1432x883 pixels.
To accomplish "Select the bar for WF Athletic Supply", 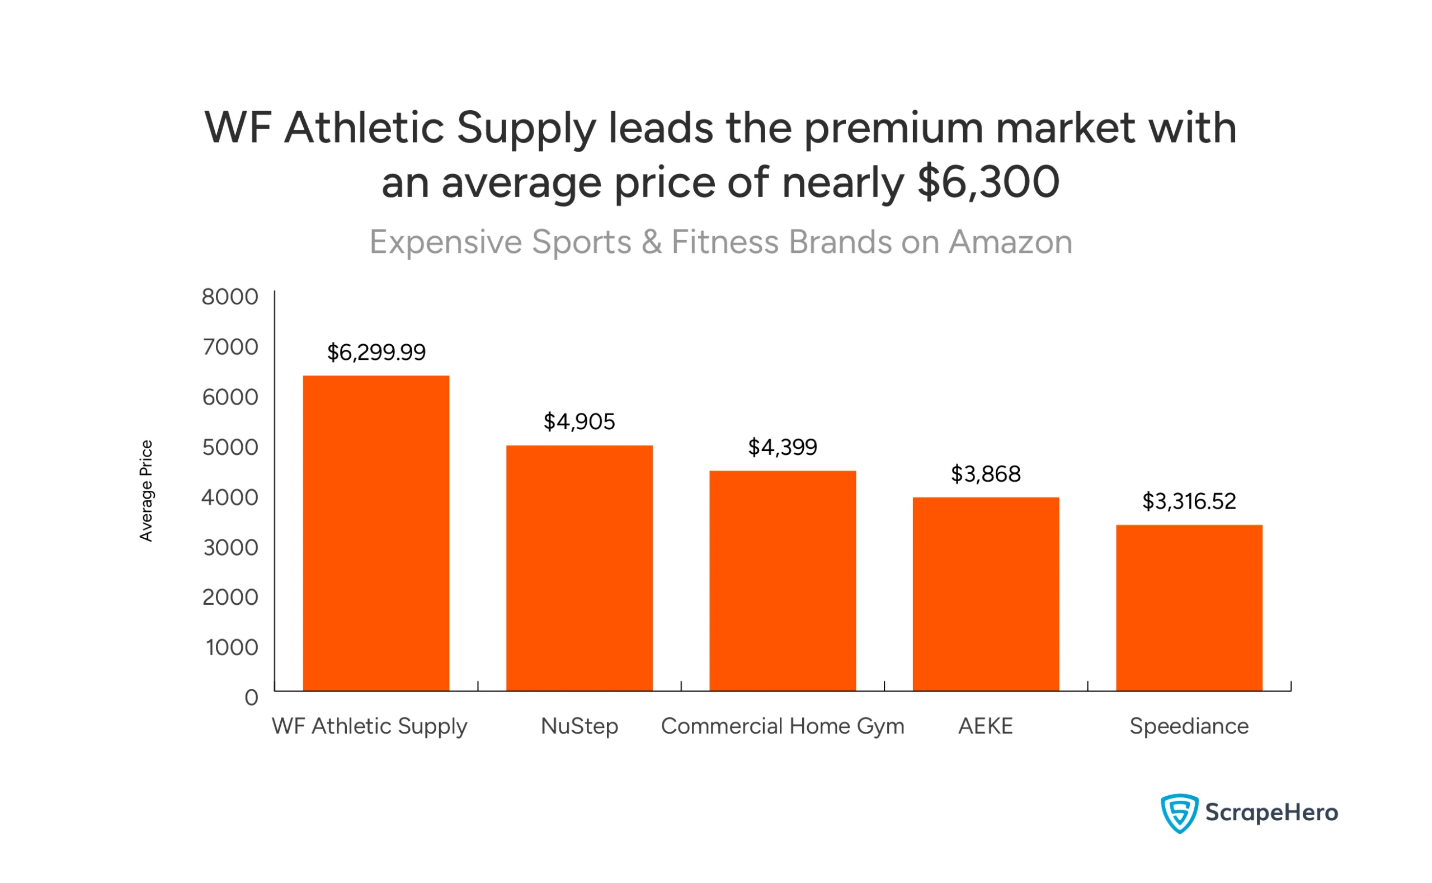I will [376, 533].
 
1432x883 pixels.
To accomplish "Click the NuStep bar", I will [579, 568].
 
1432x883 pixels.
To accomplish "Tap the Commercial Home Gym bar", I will [782, 581].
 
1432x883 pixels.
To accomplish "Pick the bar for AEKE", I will [986, 594].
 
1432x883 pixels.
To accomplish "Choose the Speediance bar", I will [1189, 608].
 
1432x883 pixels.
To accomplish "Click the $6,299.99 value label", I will [376, 352].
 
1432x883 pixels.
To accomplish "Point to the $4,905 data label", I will [579, 422].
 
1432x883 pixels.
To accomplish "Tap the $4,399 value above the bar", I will [782, 447].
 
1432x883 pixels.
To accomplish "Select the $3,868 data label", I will [986, 473].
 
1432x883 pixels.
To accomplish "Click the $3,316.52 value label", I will [1189, 501].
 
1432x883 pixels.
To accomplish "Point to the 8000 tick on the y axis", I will [230, 297].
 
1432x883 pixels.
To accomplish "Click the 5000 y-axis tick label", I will [230, 447].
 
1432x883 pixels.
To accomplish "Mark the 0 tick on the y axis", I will [251, 697].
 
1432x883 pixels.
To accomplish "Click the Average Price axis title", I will [145, 491].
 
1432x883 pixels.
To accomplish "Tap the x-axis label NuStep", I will [579, 726].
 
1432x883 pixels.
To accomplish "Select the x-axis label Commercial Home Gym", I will [782, 726].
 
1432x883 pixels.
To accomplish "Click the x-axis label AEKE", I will [986, 726].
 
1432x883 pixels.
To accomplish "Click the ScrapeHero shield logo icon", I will [1179, 813].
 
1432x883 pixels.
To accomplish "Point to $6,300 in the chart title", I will [988, 182].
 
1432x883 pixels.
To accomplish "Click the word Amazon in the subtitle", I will [1010, 242].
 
